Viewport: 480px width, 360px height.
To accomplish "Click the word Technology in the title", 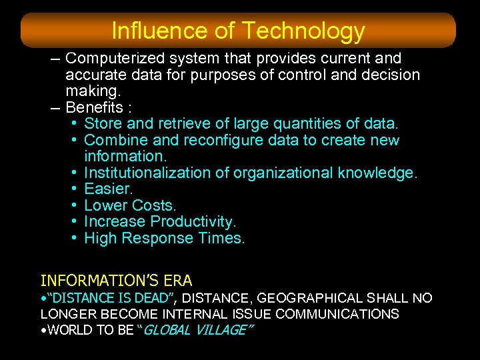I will click(x=303, y=31).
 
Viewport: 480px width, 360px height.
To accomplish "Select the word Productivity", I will click(x=193, y=222).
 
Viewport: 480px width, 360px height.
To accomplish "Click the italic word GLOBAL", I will click(x=167, y=330).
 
